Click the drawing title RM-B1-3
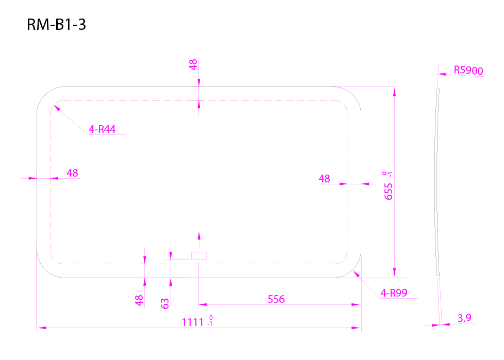pyautogui.click(x=56, y=25)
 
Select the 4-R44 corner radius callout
pyautogui.click(x=102, y=129)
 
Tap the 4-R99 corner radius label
pyautogui.click(x=394, y=293)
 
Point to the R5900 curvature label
pyautogui.click(x=468, y=71)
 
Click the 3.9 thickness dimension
pyautogui.click(x=464, y=318)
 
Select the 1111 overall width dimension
pyautogui.click(x=197, y=321)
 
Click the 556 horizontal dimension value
pyautogui.click(x=276, y=299)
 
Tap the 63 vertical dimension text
pyautogui.click(x=164, y=303)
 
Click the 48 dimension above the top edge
pyautogui.click(x=193, y=64)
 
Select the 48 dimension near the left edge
pyautogui.click(x=72, y=173)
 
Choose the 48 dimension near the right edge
pyautogui.click(x=324, y=179)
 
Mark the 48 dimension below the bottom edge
pyautogui.click(x=139, y=301)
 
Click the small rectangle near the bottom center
pyautogui.click(x=199, y=255)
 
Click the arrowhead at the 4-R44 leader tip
pyautogui.click(x=57, y=107)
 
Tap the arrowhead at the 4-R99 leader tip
pyautogui.click(x=356, y=273)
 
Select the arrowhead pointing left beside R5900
pyautogui.click(x=442, y=74)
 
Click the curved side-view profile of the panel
pyautogui.click(x=437, y=182)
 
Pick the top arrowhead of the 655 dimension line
pyautogui.click(x=394, y=92)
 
